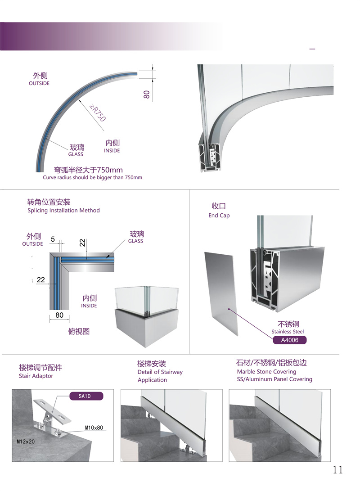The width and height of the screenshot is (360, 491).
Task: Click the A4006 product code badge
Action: [x=289, y=340]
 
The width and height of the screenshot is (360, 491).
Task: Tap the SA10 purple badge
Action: [x=85, y=396]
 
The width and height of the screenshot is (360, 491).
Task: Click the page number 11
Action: [x=338, y=470]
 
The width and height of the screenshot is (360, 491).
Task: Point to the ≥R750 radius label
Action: [x=98, y=113]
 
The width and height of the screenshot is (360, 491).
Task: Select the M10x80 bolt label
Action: [x=94, y=428]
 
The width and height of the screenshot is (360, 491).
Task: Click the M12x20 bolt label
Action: [x=26, y=441]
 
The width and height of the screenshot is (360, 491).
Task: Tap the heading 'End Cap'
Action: [x=219, y=216]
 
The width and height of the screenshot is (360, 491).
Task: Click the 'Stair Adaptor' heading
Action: [x=36, y=376]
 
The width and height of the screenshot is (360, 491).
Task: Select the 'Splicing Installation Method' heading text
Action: [x=63, y=211]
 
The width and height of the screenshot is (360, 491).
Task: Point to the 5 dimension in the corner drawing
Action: [x=53, y=239]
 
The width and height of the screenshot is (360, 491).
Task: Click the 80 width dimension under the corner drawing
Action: [x=59, y=315]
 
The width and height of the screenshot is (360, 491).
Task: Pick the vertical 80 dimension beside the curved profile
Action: [x=147, y=94]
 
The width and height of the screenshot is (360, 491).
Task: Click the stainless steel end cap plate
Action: [x=221, y=293]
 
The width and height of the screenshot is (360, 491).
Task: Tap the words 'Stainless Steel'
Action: [x=288, y=332]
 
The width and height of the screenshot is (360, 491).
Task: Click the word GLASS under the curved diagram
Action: [x=76, y=154]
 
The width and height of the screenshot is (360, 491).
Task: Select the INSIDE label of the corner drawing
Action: [x=89, y=306]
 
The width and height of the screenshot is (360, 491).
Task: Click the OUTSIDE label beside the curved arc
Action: [x=39, y=83]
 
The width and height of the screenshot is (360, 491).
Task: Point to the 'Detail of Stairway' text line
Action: [x=160, y=372]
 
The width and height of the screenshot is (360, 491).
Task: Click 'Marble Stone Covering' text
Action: [x=266, y=372]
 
